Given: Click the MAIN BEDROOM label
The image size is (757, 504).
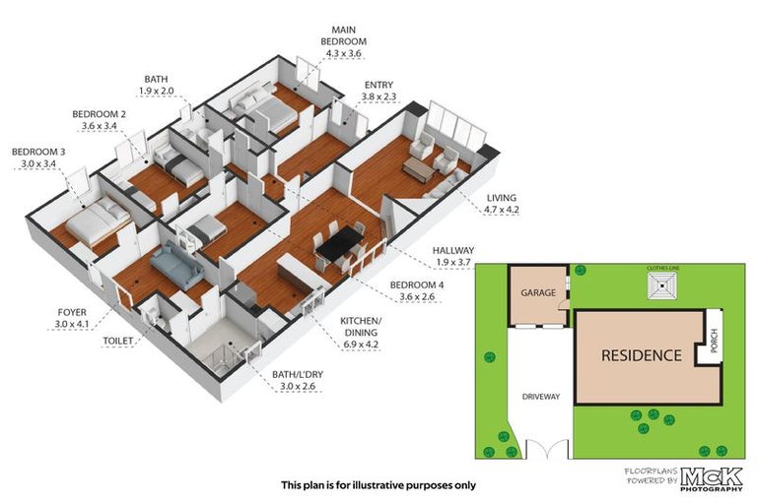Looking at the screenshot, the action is pyautogui.click(x=343, y=35).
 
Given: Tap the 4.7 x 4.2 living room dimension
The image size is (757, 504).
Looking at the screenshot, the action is pyautogui.click(x=502, y=210).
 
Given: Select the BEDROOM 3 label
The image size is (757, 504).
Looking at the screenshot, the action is pyautogui.click(x=38, y=152).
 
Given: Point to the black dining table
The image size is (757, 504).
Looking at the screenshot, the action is pyautogui.click(x=339, y=242).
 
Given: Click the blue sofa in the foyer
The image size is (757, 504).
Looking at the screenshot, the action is pyautogui.click(x=176, y=265).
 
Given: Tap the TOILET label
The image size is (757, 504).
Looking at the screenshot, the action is pyautogui.click(x=118, y=341).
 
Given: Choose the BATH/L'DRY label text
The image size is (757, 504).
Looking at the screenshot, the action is pyautogui.click(x=298, y=374).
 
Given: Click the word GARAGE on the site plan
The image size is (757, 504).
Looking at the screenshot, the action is pyautogui.click(x=538, y=292).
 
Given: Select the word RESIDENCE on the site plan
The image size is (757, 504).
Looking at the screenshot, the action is pyautogui.click(x=641, y=356).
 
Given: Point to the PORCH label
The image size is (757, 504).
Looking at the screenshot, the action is pyautogui.click(x=714, y=341).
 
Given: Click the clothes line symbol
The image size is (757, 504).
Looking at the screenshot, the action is pyautogui.click(x=662, y=285).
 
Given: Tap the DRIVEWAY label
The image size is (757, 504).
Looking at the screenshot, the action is pyautogui.click(x=541, y=397).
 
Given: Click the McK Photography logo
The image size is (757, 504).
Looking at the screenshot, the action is pyautogui.click(x=711, y=479).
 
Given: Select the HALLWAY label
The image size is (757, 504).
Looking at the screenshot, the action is pyautogui.click(x=452, y=250).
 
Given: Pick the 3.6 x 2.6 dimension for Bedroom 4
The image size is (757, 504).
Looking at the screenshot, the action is pyautogui.click(x=417, y=296).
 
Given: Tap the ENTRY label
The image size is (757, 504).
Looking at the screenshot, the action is pyautogui.click(x=378, y=85).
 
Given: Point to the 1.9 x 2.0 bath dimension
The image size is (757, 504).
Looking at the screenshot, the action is pyautogui.click(x=156, y=91).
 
